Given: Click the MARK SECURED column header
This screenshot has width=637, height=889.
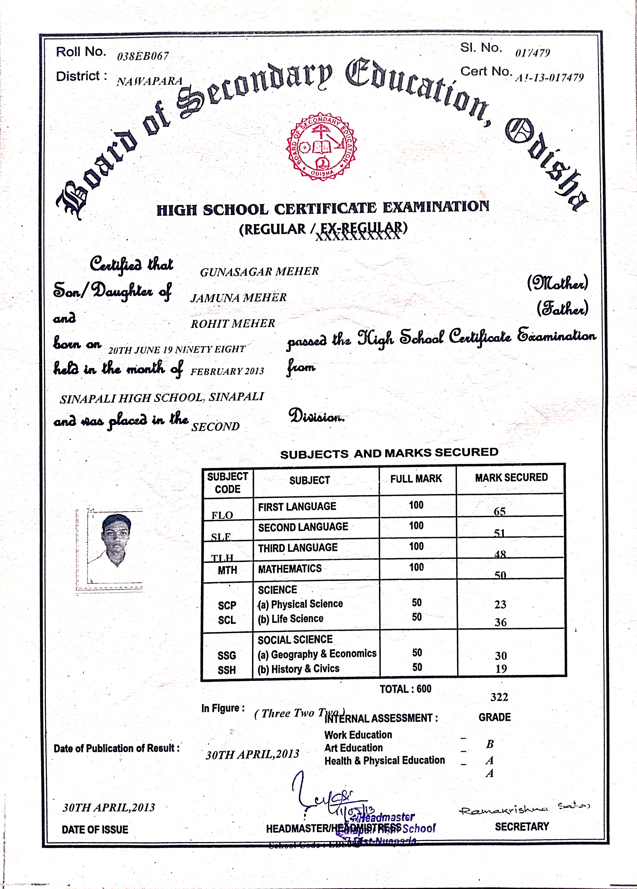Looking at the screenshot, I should (511, 477).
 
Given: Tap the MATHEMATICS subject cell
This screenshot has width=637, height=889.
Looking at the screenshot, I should (290, 569).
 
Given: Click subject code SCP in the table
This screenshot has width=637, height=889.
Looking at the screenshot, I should (227, 606).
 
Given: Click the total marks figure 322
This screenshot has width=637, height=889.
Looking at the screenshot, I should (499, 697).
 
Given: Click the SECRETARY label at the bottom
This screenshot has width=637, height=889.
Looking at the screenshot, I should (522, 827).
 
